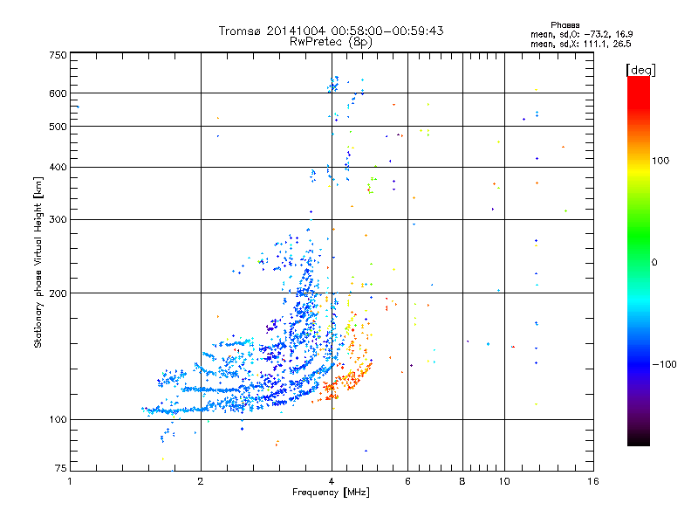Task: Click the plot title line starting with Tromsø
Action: coord(332,31)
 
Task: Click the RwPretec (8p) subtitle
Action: coord(332,41)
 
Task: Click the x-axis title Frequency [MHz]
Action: coord(331,493)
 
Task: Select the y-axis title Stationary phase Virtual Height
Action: coord(38,263)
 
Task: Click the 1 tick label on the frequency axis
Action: coord(70,480)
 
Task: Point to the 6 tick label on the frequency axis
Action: coord(407,480)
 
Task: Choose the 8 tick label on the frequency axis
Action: coord(462,480)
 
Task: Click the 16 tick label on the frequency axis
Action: coord(593,480)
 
